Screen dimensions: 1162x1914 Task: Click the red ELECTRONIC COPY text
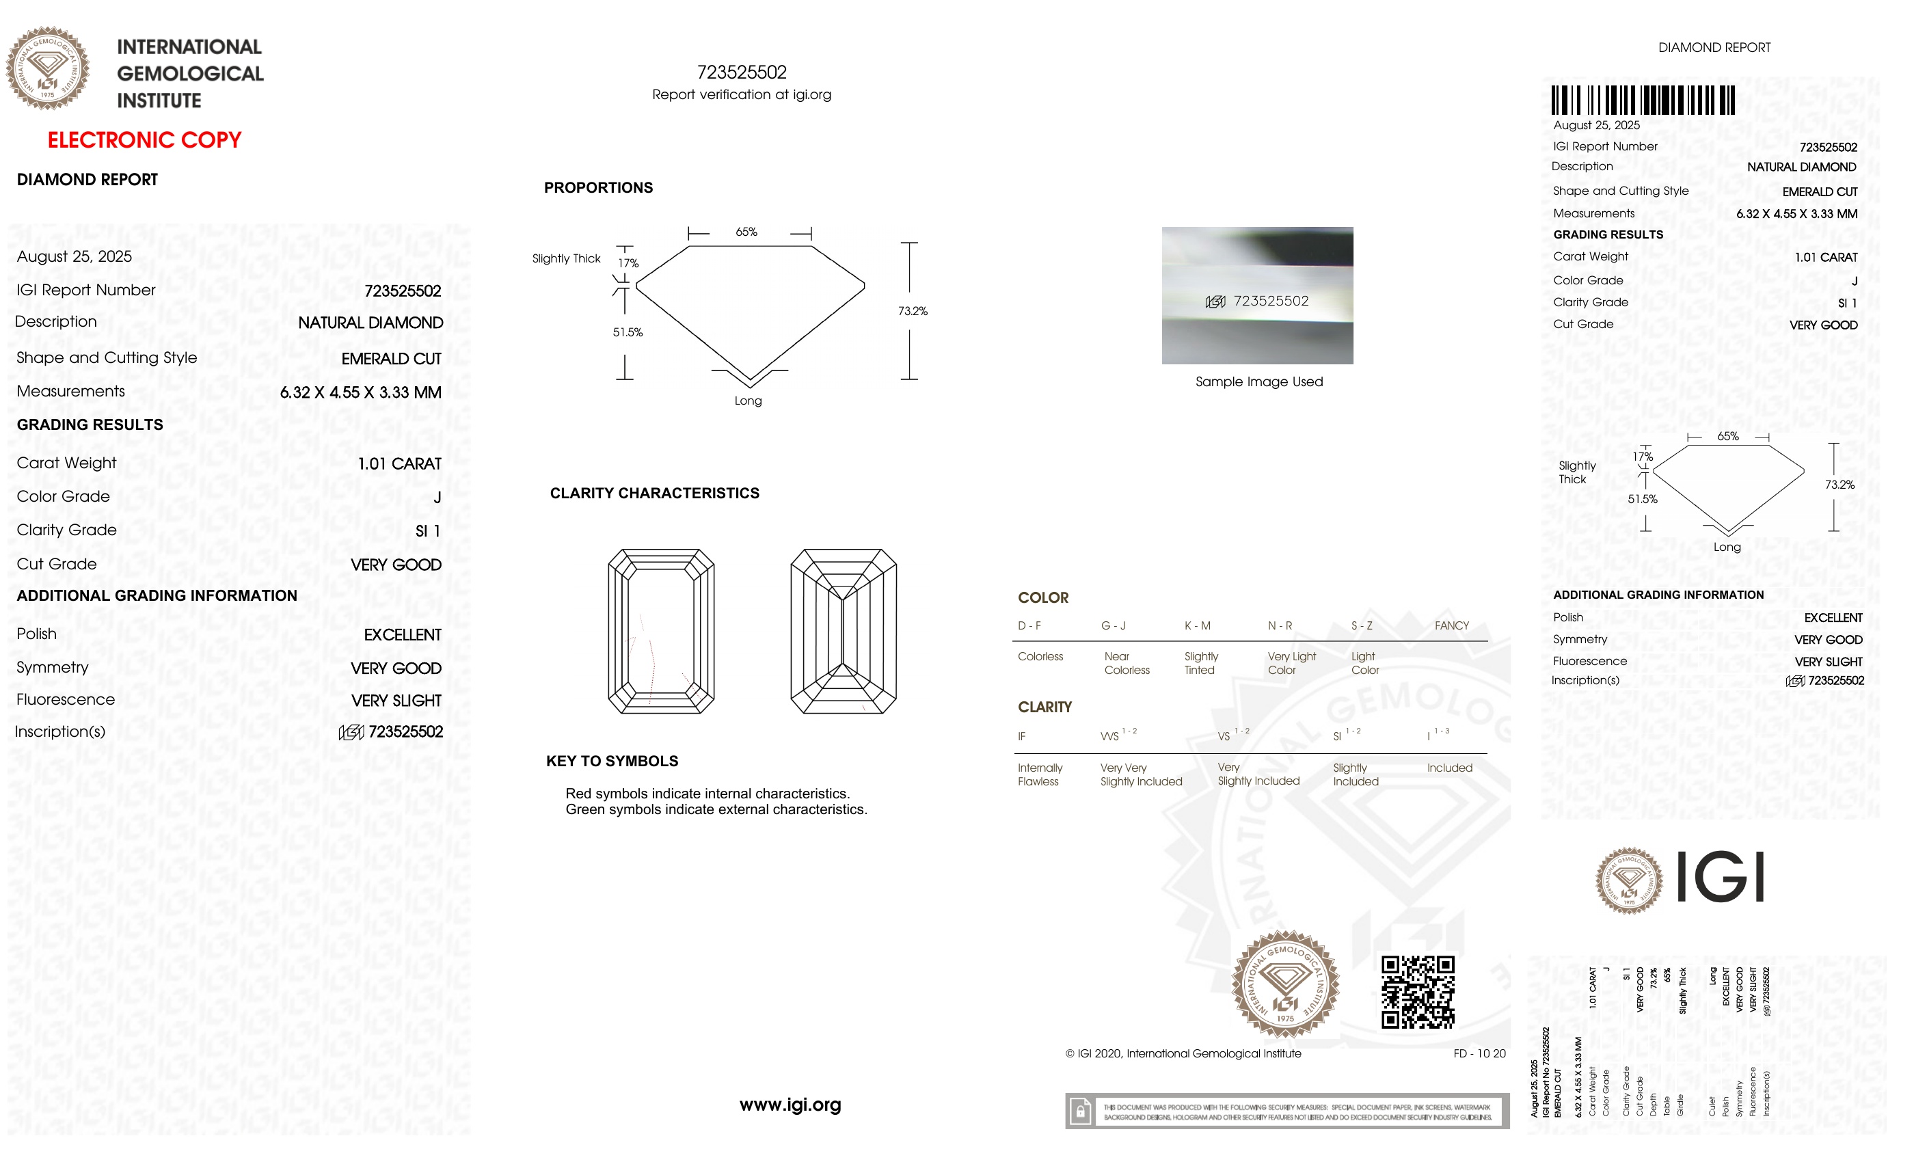[x=144, y=141]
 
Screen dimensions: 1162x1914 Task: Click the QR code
[x=1417, y=992]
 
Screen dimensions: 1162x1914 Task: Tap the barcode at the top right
[x=1643, y=100]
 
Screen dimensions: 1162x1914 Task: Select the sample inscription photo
[x=1257, y=295]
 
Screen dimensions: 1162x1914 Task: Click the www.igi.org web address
[x=790, y=1104]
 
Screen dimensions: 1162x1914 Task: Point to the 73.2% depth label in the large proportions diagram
[x=913, y=311]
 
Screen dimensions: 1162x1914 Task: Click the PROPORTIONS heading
[x=598, y=187]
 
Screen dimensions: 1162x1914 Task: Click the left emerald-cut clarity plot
[x=661, y=631]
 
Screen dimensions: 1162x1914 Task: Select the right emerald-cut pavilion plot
[x=843, y=631]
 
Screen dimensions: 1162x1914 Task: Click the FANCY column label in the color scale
[x=1451, y=625]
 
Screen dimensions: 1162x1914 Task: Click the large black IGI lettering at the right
[x=1720, y=877]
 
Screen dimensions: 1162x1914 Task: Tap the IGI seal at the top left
[x=48, y=68]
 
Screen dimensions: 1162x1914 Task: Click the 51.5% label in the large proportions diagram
[x=628, y=332]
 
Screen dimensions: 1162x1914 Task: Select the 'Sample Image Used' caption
[x=1258, y=381]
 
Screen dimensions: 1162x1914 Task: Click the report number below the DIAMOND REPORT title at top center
[x=742, y=72]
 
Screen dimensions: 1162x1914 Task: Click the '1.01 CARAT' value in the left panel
[x=399, y=463]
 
